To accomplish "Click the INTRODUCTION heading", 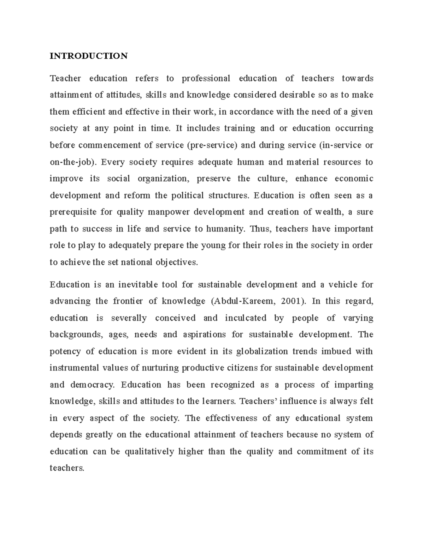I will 88,56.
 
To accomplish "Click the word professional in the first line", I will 206,79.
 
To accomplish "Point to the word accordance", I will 251,112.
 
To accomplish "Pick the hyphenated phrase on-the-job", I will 73,162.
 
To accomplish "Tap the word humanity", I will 225,229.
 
